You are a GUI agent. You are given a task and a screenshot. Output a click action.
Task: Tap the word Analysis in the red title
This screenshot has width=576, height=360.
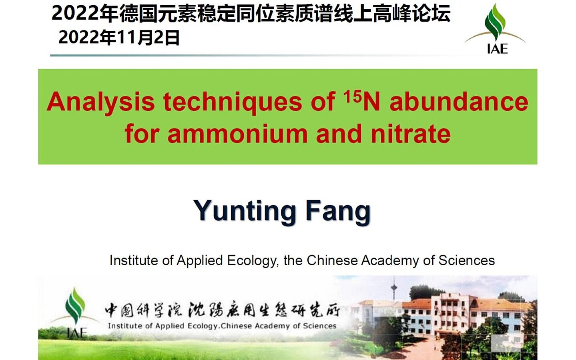click(x=100, y=102)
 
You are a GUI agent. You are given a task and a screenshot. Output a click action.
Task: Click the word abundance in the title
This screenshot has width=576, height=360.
click(x=459, y=102)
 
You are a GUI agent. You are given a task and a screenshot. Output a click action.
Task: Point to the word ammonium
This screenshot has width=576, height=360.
click(x=237, y=134)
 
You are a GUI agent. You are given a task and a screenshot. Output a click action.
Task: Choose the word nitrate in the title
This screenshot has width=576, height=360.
click(x=411, y=133)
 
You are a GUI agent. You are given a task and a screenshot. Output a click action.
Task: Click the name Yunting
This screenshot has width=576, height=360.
click(x=244, y=211)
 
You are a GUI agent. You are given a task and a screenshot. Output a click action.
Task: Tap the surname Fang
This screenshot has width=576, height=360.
click(x=338, y=211)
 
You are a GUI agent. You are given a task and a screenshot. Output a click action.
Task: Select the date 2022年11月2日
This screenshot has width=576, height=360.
click(x=119, y=38)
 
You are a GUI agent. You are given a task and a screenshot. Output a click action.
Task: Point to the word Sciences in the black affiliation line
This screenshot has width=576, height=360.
click(x=466, y=260)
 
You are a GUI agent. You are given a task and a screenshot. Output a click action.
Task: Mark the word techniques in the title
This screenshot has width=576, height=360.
click(x=233, y=102)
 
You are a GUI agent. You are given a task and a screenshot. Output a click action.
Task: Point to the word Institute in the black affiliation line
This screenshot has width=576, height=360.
click(x=134, y=260)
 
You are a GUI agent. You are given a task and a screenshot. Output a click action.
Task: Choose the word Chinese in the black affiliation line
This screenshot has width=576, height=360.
click(x=332, y=260)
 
